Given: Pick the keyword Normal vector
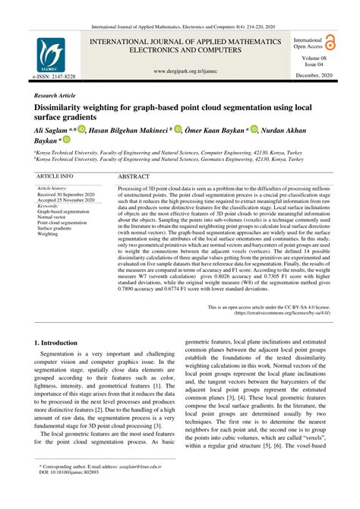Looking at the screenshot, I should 55,217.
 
